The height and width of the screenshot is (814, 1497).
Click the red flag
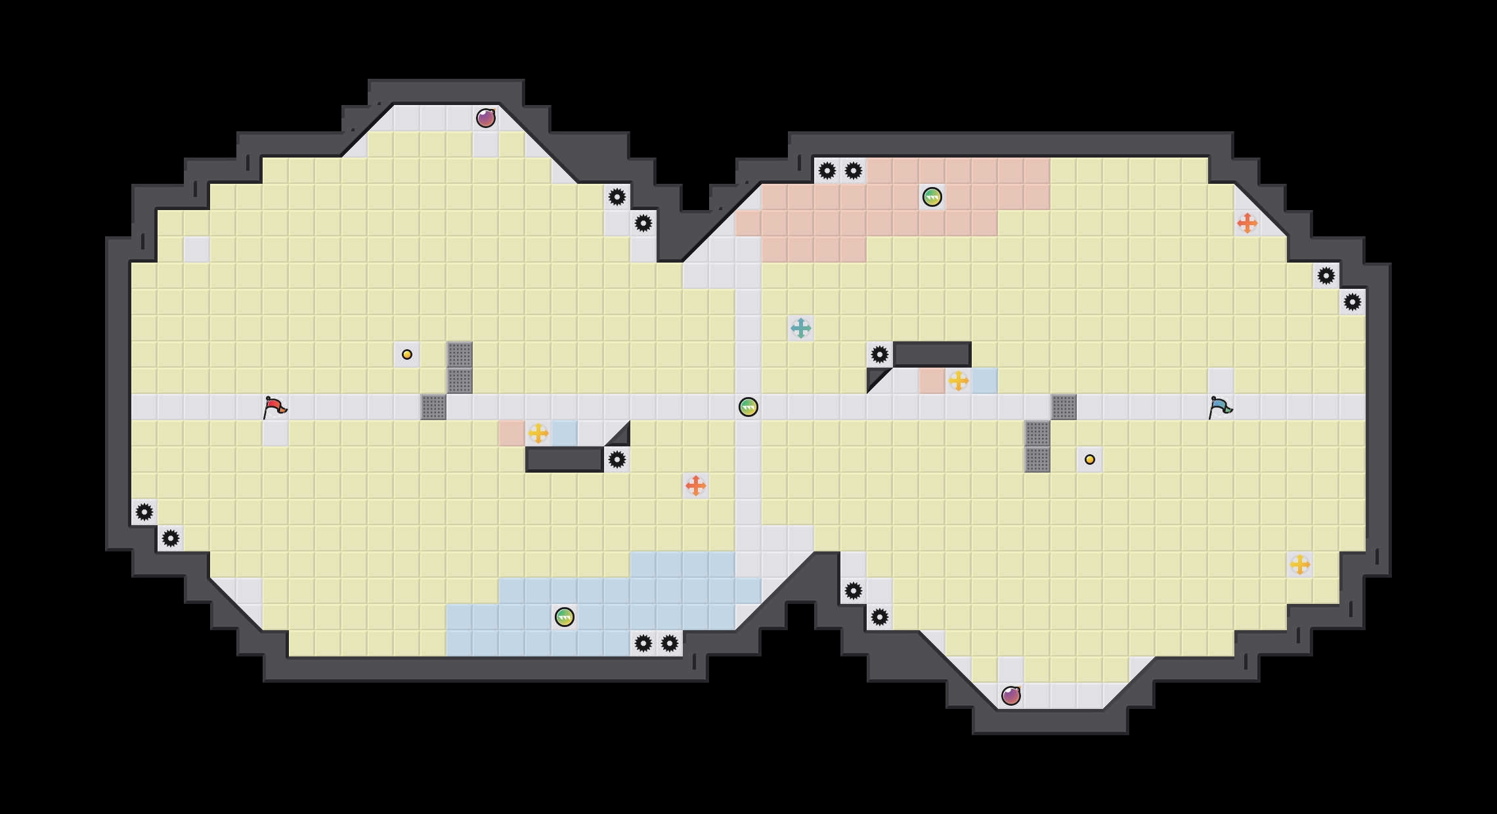275,407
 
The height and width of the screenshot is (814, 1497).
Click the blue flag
1221,407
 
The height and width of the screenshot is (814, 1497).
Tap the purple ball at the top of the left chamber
486,118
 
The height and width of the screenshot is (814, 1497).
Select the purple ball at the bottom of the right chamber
1011,696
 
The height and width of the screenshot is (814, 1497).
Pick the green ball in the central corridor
748,407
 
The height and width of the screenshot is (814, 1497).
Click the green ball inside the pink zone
932,197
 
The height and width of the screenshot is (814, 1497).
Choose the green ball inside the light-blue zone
565,617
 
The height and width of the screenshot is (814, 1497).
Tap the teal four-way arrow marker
801,328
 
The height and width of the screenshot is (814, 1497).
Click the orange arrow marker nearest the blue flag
1247,223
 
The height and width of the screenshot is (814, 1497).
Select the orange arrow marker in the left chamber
696,486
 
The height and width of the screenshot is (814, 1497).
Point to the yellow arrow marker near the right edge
1300,565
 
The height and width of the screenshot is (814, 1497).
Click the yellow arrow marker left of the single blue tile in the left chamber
538,433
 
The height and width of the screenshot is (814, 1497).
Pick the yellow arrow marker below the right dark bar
959,381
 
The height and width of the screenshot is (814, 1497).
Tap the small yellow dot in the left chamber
407,354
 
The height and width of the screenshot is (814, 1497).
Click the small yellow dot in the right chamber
1090,460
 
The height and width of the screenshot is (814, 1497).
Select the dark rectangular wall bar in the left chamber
565,460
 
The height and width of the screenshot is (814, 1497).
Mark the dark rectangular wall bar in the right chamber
932,354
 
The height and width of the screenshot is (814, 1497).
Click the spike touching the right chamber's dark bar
880,354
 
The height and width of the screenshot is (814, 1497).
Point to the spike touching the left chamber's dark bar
617,460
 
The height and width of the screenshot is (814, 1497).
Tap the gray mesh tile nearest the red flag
433,407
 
